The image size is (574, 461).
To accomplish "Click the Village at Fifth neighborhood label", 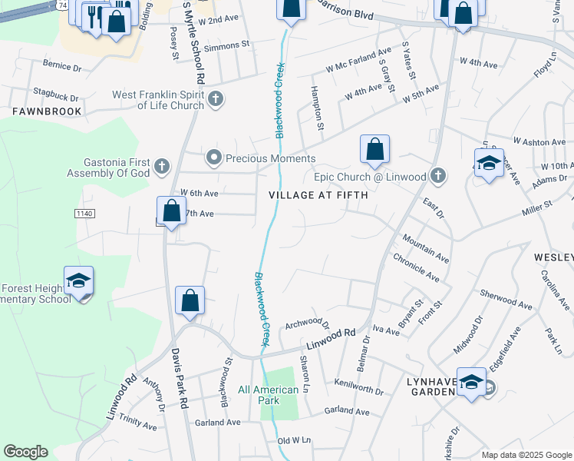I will tap(318, 195).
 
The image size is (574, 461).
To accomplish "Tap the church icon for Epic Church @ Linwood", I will tap(437, 176).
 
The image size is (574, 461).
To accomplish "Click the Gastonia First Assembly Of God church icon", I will tap(161, 165).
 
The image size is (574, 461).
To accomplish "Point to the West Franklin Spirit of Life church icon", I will tap(216, 98).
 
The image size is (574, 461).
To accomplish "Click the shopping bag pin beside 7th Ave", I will tap(171, 211).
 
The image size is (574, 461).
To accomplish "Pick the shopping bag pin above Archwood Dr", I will tap(190, 300).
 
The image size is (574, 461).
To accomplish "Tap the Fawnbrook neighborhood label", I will tap(47, 111).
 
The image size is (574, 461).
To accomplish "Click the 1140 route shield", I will tap(85, 211).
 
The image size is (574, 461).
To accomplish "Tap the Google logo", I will tap(25, 452).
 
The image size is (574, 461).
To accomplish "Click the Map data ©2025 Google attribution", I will tap(526, 455).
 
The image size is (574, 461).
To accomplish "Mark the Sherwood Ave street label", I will tap(505, 300).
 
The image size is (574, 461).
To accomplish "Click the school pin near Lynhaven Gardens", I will tap(472, 383).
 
